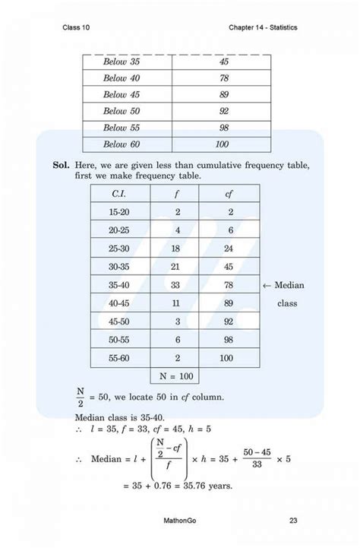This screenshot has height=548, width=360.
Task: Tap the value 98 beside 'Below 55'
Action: pyautogui.click(x=223, y=128)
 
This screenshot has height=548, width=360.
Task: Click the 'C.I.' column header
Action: pyautogui.click(x=118, y=195)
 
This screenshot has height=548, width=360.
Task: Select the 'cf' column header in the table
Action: pyautogui.click(x=229, y=195)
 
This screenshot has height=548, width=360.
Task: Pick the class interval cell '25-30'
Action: pyautogui.click(x=118, y=249)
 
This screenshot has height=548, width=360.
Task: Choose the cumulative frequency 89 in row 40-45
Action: pyautogui.click(x=229, y=303)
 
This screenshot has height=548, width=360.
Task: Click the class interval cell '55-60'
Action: pyautogui.click(x=118, y=357)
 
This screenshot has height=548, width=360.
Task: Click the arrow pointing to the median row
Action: pyautogui.click(x=266, y=285)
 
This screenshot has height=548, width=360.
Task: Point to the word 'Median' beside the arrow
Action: pyautogui.click(x=289, y=285)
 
